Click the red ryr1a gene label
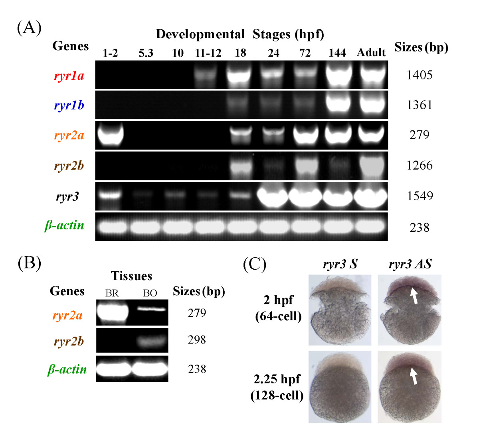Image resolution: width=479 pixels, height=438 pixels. click(69, 75)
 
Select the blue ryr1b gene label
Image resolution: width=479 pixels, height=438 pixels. click(69, 105)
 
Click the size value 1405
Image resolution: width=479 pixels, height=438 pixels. click(419, 75)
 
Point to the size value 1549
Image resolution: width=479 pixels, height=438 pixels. click(419, 196)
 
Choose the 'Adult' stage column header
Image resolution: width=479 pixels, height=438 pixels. click(371, 53)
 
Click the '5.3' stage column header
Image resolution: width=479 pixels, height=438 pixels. click(146, 53)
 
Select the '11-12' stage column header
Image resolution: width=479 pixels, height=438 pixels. click(208, 53)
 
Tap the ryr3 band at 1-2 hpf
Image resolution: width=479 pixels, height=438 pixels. click(110, 195)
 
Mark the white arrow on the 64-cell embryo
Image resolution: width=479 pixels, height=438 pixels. click(415, 296)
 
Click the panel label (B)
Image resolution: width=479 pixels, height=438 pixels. click(29, 264)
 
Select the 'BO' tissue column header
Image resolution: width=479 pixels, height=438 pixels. click(150, 293)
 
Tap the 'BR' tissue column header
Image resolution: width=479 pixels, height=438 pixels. click(112, 293)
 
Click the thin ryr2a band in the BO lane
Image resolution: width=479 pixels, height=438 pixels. click(150, 309)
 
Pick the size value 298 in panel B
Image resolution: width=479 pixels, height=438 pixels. click(197, 340)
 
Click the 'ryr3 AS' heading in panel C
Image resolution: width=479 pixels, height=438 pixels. click(410, 264)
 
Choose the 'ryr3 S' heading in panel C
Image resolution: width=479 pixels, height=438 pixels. click(340, 264)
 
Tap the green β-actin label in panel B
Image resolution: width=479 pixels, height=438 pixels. click(67, 369)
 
